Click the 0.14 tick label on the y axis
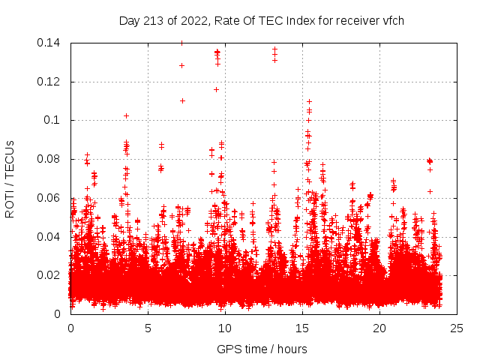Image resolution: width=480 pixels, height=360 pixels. point(51,43)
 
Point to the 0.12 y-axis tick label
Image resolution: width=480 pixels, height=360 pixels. point(51,82)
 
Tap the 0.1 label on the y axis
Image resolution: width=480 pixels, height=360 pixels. point(54,120)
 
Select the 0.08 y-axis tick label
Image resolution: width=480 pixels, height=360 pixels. point(51,159)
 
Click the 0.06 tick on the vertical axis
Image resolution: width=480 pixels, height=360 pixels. point(51,198)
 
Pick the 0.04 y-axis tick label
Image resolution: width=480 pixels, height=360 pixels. point(51,237)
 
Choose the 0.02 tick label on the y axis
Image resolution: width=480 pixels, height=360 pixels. point(51,275)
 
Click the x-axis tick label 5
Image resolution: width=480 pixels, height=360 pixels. point(148,328)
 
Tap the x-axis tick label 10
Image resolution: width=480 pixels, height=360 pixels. point(225,328)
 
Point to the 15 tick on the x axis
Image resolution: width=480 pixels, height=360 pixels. point(302,328)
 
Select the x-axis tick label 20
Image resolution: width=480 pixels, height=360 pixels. point(379,328)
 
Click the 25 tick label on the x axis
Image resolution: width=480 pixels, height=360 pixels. point(457,328)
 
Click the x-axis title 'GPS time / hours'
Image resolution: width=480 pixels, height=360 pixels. point(263,349)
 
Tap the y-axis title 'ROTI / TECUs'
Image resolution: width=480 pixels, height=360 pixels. point(10,178)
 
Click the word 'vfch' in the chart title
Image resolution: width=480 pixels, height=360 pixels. point(393,20)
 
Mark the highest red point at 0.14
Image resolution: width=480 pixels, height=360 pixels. point(181,43)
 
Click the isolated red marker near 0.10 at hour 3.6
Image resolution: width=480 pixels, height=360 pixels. point(126,115)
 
